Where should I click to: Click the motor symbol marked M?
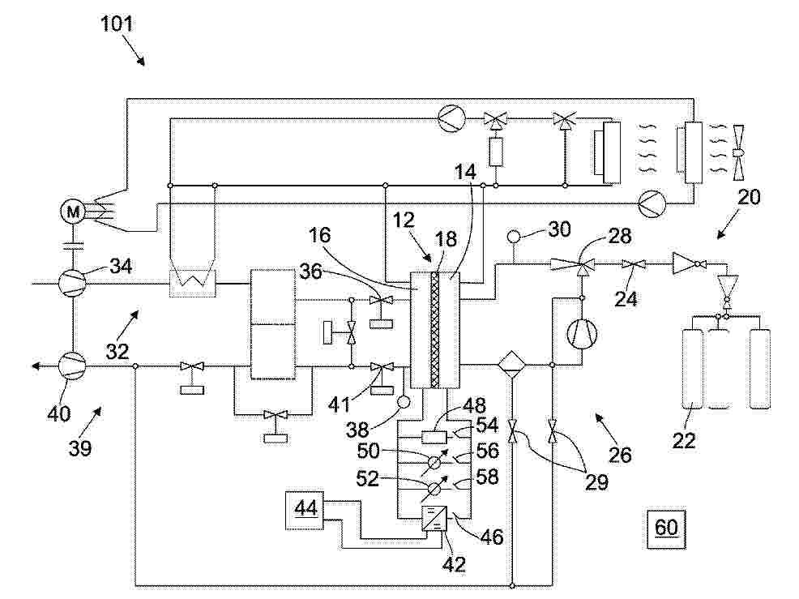point(74,212)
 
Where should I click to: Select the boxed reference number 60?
point(666,526)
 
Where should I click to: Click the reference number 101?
point(117,24)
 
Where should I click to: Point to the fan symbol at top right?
point(739,152)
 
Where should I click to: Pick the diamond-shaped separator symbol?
point(512,365)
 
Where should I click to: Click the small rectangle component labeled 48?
point(436,438)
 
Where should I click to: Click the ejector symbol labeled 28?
point(578,263)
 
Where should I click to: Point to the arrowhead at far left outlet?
point(36,366)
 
